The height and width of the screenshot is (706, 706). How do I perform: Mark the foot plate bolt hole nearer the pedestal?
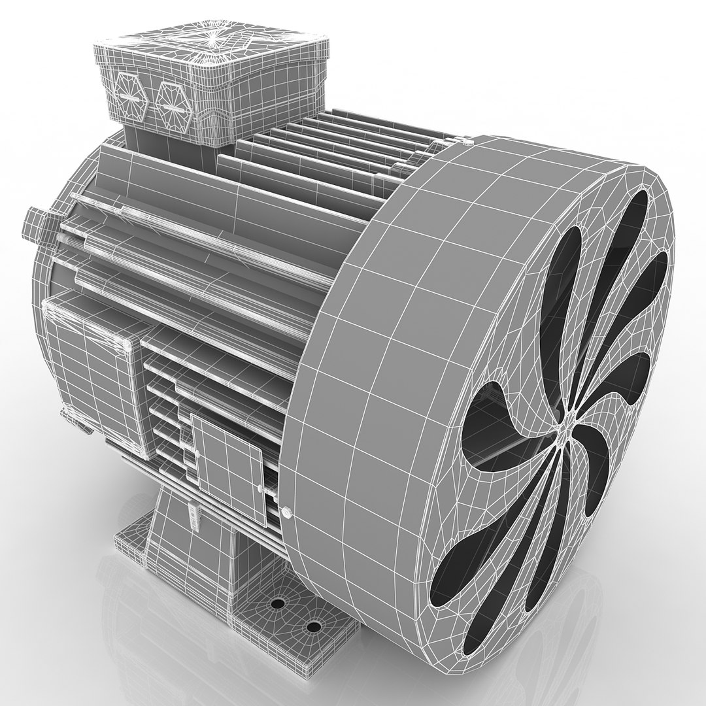pos(279,603)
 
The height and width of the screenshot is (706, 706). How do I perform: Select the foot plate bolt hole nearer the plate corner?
pos(314,627)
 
